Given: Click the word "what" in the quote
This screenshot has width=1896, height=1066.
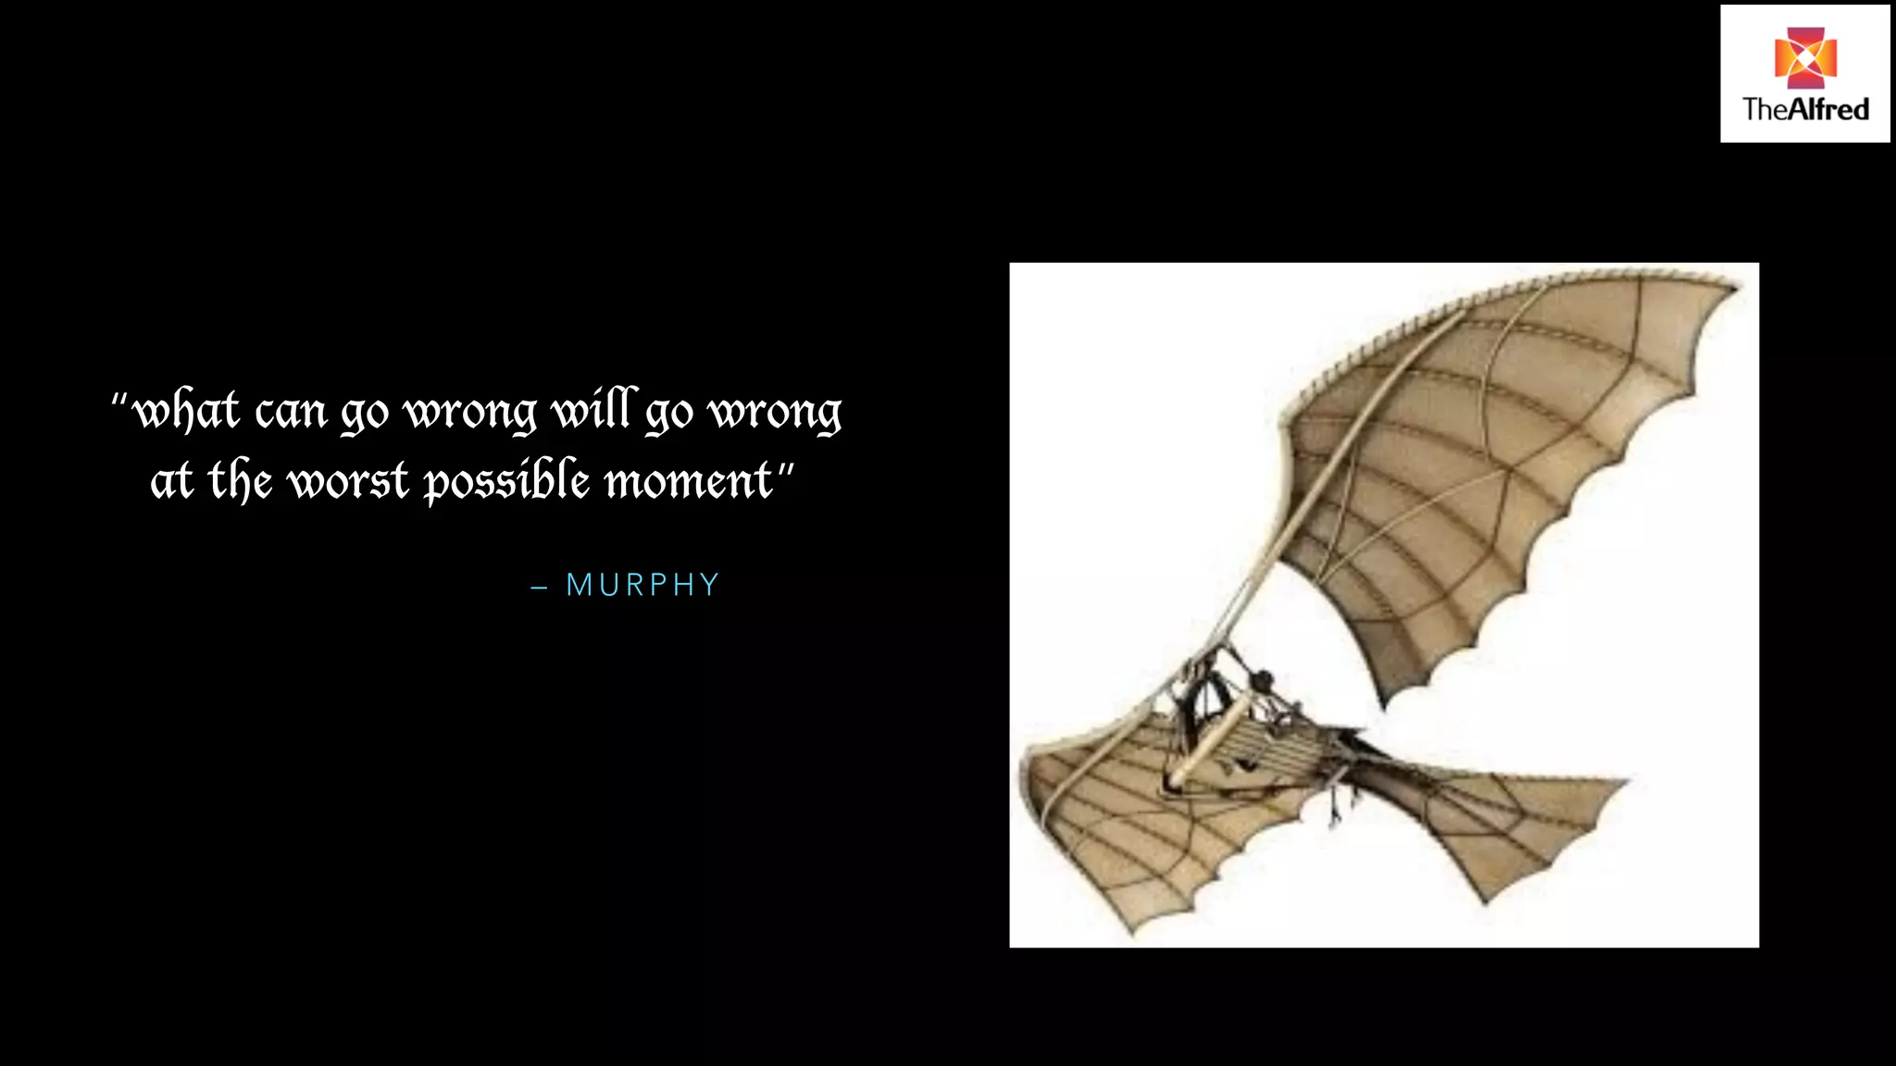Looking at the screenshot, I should [x=186, y=412].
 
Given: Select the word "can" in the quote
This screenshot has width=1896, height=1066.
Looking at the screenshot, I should [x=291, y=414].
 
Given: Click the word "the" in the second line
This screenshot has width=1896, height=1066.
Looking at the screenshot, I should [x=240, y=481].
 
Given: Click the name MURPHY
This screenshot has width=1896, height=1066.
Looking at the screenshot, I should [x=642, y=586].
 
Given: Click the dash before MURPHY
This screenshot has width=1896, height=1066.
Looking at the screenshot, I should [x=539, y=588].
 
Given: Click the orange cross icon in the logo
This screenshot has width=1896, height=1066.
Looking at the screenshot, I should [x=1804, y=57].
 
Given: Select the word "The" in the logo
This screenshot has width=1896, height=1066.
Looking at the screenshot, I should [x=1763, y=110].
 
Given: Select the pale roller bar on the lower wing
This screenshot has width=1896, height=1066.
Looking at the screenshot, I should [x=1208, y=740].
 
